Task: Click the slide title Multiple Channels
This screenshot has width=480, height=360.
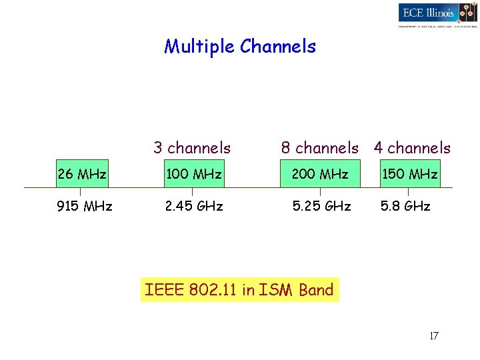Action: pyautogui.click(x=240, y=47)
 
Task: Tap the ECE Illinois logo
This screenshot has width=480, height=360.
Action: pyautogui.click(x=437, y=14)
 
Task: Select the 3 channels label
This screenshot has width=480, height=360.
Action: pyautogui.click(x=192, y=148)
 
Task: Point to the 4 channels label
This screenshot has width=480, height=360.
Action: pyautogui.click(x=412, y=148)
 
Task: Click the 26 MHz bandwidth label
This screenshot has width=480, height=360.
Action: pyautogui.click(x=82, y=175)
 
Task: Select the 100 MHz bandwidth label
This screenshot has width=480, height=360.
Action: pyautogui.click(x=194, y=175)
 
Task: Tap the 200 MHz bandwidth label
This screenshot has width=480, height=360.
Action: pyautogui.click(x=320, y=175)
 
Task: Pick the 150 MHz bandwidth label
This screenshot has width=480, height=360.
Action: pyautogui.click(x=409, y=175)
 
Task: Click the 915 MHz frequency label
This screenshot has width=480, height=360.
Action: pyautogui.click(x=85, y=206)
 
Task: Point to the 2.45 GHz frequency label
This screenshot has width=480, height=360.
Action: pyautogui.click(x=194, y=206)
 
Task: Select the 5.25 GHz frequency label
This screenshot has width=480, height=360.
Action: pyautogui.click(x=322, y=206)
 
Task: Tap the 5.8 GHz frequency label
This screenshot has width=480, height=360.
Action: pyautogui.click(x=405, y=206)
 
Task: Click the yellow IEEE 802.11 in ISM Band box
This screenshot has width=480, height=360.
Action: pyautogui.click(x=239, y=290)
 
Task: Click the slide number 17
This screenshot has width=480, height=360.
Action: pyautogui.click(x=433, y=335)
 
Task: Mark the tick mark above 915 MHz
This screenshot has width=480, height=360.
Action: pyautogui.click(x=81, y=192)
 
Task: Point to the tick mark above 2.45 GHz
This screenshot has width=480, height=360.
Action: pyautogui.click(x=192, y=192)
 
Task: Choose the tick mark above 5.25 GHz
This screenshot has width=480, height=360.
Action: pyautogui.click(x=320, y=192)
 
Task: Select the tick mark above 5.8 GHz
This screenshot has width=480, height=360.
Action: pyautogui.click(x=408, y=192)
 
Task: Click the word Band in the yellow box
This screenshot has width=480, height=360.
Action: pyautogui.click(x=316, y=290)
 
